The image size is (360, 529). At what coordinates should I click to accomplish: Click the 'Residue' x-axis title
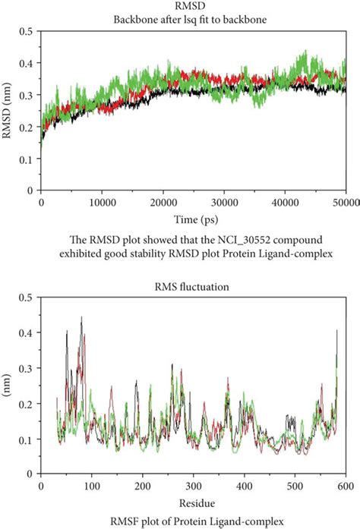[194, 502]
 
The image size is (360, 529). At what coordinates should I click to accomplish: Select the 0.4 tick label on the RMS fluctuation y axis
[25, 332]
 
